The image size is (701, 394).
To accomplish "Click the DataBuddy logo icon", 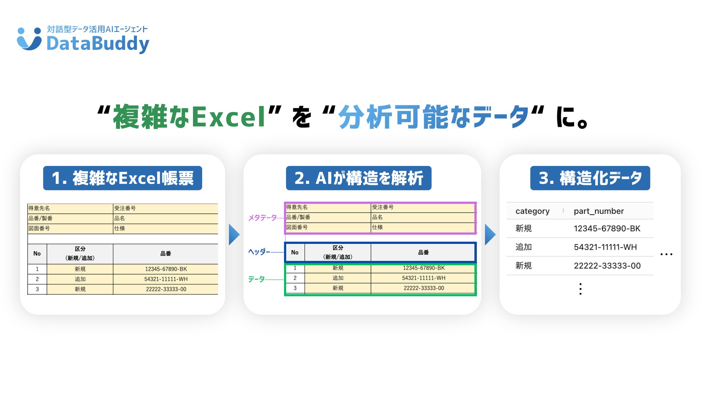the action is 29,39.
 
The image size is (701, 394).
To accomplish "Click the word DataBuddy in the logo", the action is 98,44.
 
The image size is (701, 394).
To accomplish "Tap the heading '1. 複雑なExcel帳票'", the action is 123,178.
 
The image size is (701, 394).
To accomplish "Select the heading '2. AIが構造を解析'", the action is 358,178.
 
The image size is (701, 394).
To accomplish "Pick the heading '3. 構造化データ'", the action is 590,178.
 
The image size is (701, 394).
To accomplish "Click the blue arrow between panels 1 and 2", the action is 234,235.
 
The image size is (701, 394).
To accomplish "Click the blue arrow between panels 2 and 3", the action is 490,235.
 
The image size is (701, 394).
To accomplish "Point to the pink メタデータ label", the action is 262,218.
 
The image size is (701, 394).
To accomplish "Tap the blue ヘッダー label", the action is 259,252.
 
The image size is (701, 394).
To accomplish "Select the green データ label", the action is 256,279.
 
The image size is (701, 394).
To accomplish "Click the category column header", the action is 532,211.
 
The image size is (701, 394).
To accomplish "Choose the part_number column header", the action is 599,211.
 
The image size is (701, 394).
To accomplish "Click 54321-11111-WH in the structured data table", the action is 605,247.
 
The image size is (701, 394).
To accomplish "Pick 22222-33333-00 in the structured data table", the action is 607,266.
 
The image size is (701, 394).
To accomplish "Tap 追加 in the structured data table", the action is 523,247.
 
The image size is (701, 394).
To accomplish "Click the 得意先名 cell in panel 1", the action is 39,208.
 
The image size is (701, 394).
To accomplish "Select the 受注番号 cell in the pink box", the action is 383,207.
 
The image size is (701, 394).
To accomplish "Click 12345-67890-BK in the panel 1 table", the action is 166,269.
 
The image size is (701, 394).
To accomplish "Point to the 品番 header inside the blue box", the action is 423,252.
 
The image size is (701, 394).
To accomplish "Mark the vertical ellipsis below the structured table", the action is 580,289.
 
